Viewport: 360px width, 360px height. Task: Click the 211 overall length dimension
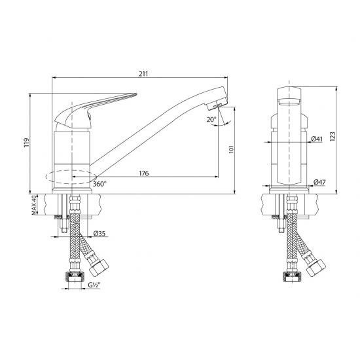tap(143, 73)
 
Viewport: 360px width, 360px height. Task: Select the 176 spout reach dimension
tap(144, 173)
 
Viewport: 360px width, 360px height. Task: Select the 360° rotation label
tap(99, 184)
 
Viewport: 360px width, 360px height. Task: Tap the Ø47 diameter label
tap(319, 181)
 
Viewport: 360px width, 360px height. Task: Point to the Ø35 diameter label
tap(100, 234)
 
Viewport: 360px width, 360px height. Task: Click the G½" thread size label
tap(94, 285)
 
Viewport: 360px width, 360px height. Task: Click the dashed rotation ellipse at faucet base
tap(71, 176)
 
